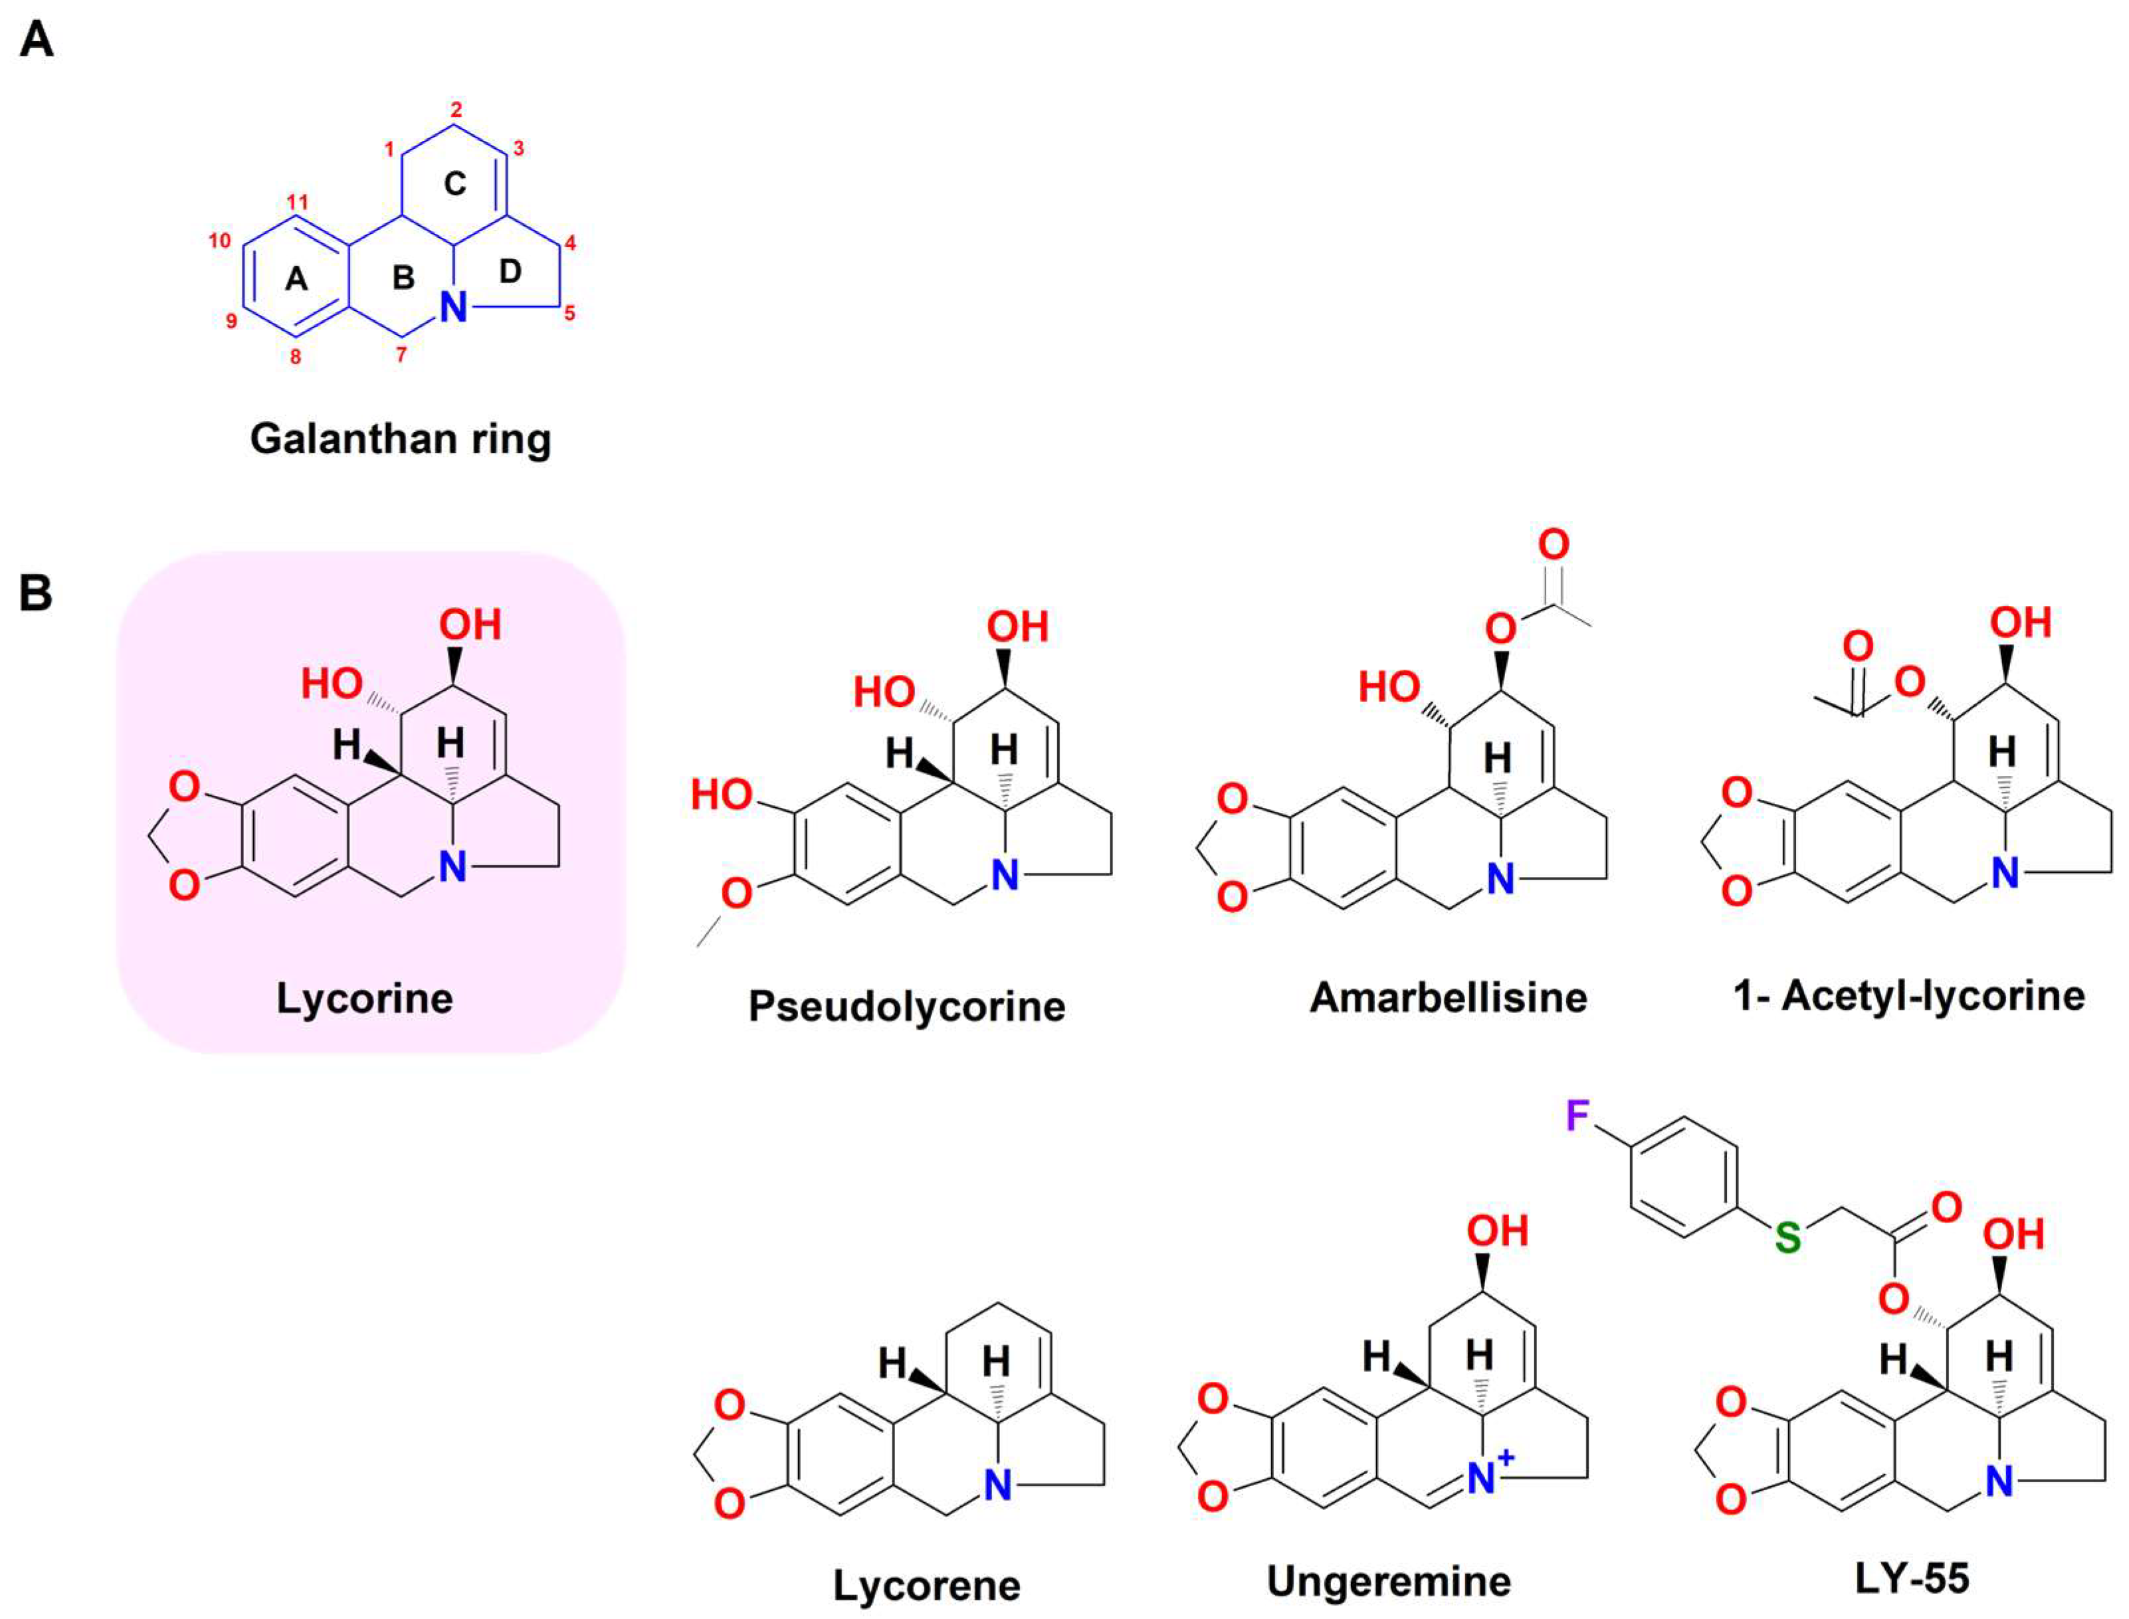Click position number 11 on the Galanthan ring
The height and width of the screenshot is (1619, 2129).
[x=297, y=203]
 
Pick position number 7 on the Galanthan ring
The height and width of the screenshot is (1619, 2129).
[x=401, y=355]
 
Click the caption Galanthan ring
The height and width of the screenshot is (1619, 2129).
[x=400, y=439]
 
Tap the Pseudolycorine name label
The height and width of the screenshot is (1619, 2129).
[x=907, y=1006]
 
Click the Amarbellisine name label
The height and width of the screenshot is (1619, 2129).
[x=1448, y=997]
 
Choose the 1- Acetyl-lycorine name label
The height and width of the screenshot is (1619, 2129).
[x=1908, y=995]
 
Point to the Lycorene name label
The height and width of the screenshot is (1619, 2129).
[x=926, y=1585]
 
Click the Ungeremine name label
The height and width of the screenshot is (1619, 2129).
[x=1389, y=1581]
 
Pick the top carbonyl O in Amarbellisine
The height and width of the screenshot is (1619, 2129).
[x=1553, y=545]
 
